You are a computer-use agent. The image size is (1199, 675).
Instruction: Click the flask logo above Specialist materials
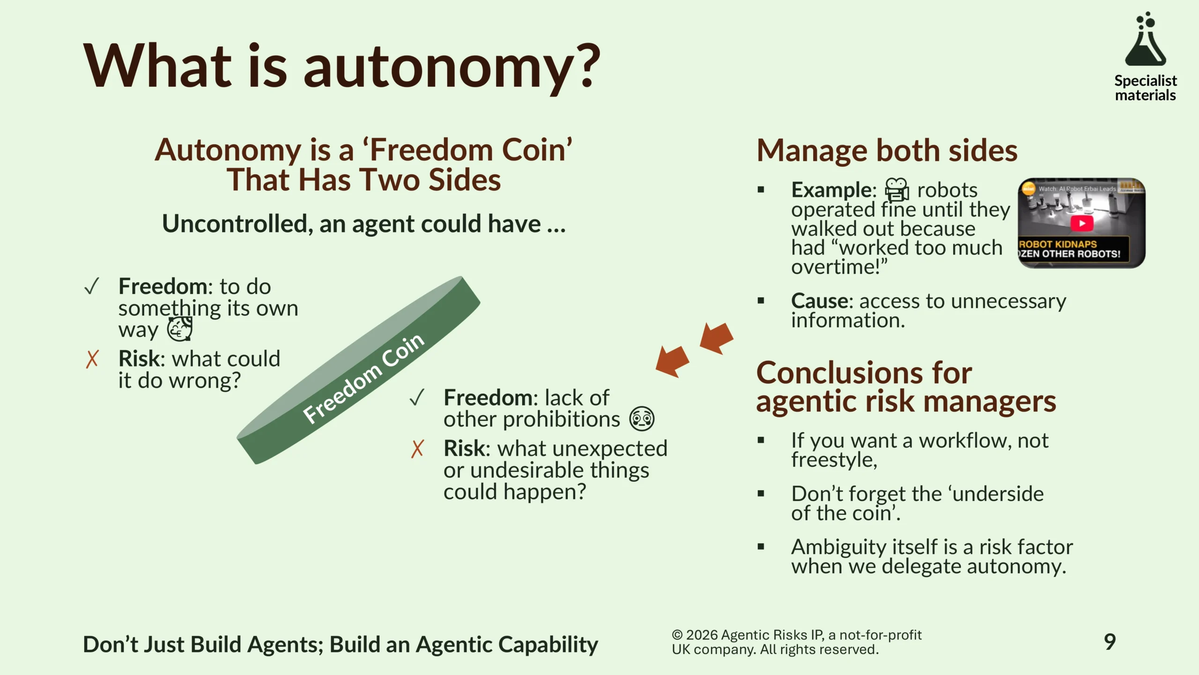1146,39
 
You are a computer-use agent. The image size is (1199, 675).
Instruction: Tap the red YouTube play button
1082,223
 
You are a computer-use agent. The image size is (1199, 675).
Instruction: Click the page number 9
1110,642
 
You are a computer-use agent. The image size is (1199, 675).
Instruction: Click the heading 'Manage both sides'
887,150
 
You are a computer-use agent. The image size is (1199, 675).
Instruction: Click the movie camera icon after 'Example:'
896,190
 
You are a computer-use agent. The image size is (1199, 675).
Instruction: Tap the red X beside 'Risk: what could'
92,359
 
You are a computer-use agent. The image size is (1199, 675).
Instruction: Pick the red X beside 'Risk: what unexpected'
417,449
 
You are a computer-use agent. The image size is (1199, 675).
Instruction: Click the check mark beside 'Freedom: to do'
92,286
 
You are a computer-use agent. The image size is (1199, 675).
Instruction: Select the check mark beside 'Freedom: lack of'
417,397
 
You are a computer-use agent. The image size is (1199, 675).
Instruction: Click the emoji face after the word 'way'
180,329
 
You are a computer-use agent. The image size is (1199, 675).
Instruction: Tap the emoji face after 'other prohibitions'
642,419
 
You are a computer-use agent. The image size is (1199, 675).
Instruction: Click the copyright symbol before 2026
677,635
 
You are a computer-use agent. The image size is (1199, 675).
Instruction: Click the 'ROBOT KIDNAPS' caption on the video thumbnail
1058,244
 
